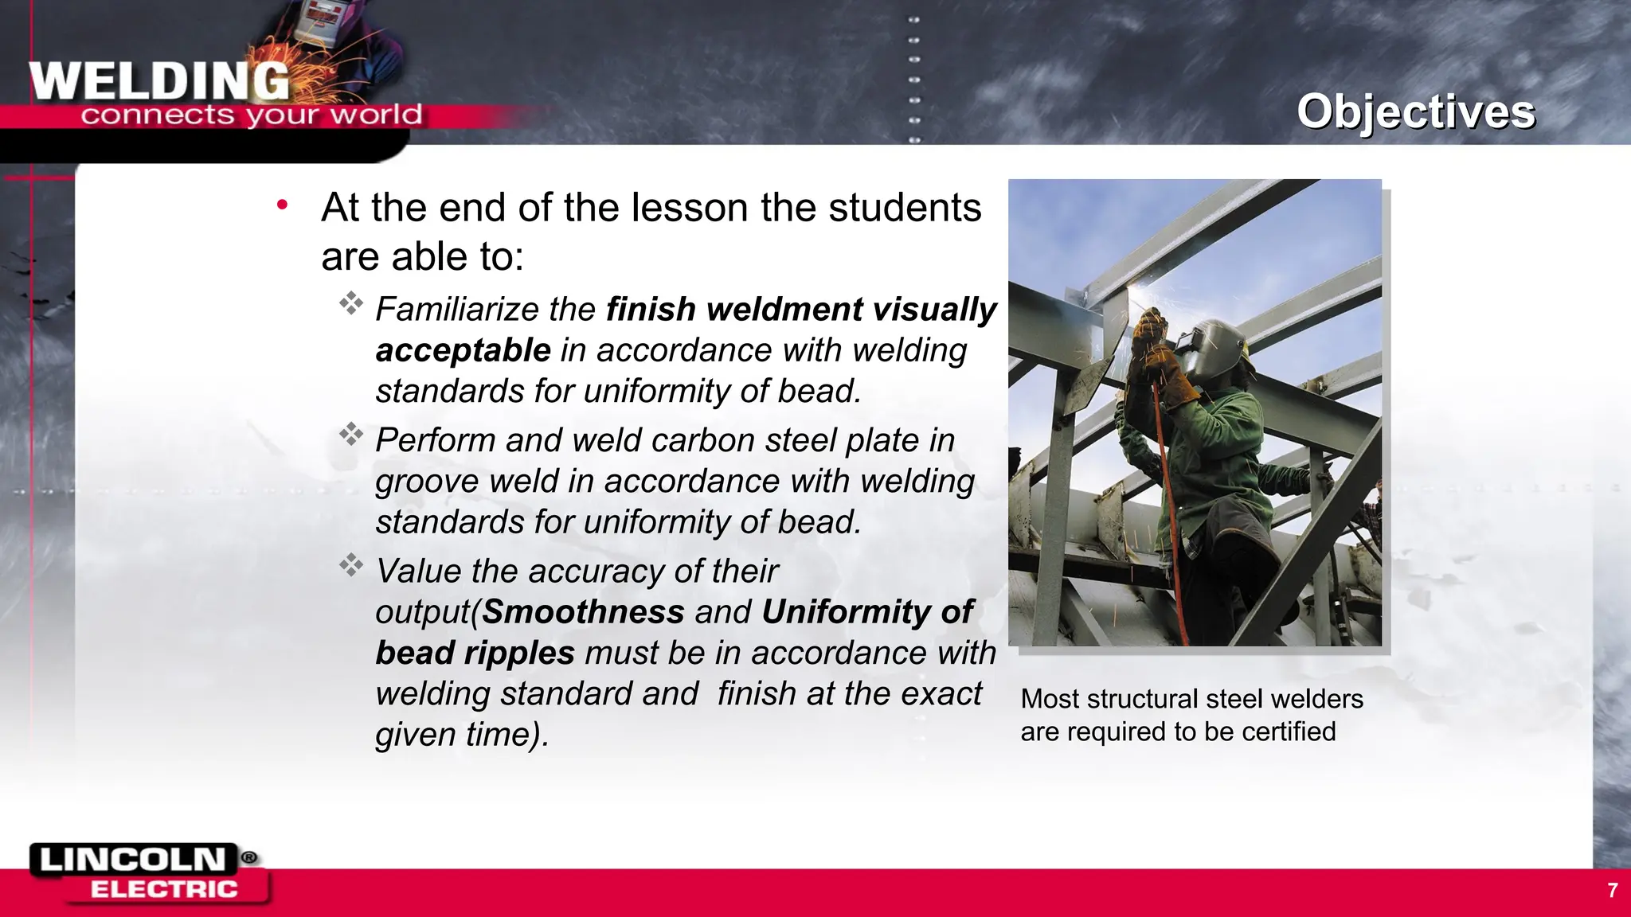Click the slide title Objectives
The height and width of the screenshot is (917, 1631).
coord(1415,111)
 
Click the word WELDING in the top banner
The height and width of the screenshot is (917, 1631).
coord(159,81)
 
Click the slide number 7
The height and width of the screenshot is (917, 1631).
coord(1612,890)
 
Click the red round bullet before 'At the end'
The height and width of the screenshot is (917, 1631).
coord(282,205)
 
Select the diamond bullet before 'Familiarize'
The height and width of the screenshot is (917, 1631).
coord(350,303)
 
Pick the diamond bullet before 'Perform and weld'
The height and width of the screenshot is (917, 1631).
coord(350,435)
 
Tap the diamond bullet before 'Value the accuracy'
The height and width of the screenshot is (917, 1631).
coord(350,566)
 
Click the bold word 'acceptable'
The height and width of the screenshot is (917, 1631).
coord(463,350)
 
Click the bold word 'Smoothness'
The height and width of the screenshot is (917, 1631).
coord(583,612)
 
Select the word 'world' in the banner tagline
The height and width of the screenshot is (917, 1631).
coord(376,115)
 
